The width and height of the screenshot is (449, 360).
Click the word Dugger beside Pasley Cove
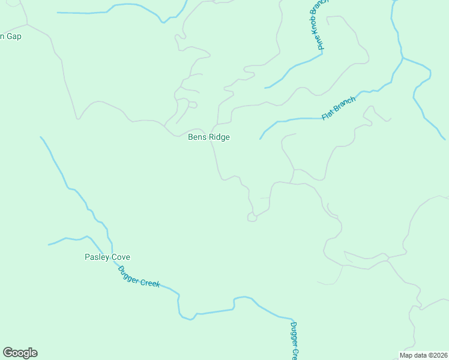coord(128,273)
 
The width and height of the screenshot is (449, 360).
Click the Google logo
coord(20,353)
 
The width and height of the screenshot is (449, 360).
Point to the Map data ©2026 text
coord(423,355)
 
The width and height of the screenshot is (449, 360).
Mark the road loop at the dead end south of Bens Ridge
coord(252,218)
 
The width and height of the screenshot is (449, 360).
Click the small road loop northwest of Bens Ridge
coord(192,104)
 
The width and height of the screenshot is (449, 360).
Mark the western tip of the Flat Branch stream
coord(260,139)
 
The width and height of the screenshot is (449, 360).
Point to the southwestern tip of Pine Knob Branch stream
coord(265,88)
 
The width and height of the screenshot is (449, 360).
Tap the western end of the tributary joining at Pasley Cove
coord(49,245)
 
